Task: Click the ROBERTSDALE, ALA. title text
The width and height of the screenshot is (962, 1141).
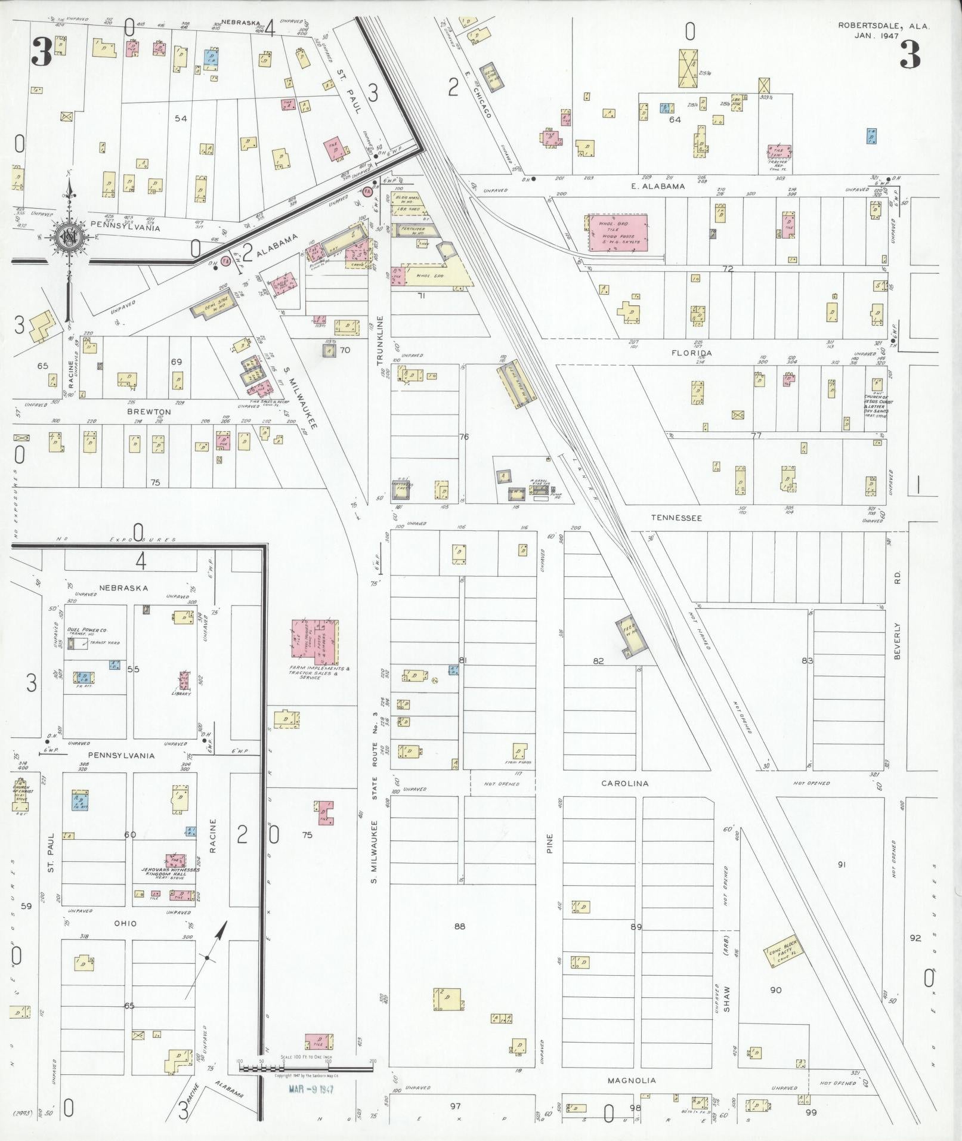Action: click(884, 26)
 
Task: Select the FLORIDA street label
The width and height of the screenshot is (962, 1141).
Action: click(692, 352)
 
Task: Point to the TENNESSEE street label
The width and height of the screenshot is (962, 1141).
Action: click(676, 518)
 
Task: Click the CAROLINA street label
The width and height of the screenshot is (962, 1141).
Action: click(624, 783)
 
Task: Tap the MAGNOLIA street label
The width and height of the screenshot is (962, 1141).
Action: click(632, 1080)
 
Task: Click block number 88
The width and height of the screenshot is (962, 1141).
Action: click(459, 926)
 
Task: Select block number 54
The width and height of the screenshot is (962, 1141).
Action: click(181, 119)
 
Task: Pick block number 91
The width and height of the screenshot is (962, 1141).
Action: click(842, 864)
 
